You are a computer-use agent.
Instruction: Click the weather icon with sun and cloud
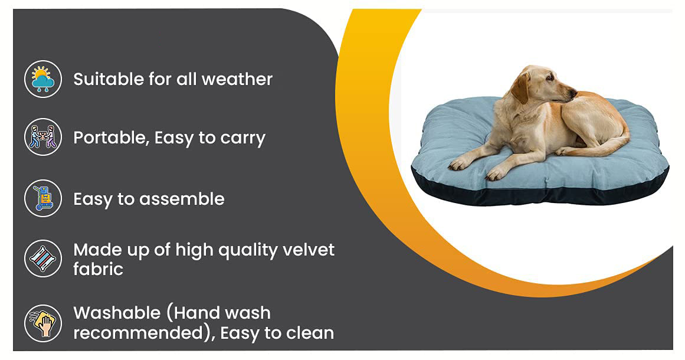coord(43,79)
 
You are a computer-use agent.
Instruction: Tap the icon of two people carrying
coord(43,137)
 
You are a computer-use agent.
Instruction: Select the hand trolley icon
coord(43,198)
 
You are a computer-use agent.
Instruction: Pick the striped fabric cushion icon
coord(43,258)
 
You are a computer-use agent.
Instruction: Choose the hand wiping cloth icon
coord(43,323)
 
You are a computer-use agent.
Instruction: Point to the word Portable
coord(110,138)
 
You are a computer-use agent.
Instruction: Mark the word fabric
coord(98,269)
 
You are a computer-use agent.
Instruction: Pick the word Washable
coord(117,313)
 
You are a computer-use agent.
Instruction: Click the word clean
coord(310,333)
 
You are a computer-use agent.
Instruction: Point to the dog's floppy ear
coord(521,89)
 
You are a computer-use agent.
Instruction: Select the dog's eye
coord(550,78)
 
